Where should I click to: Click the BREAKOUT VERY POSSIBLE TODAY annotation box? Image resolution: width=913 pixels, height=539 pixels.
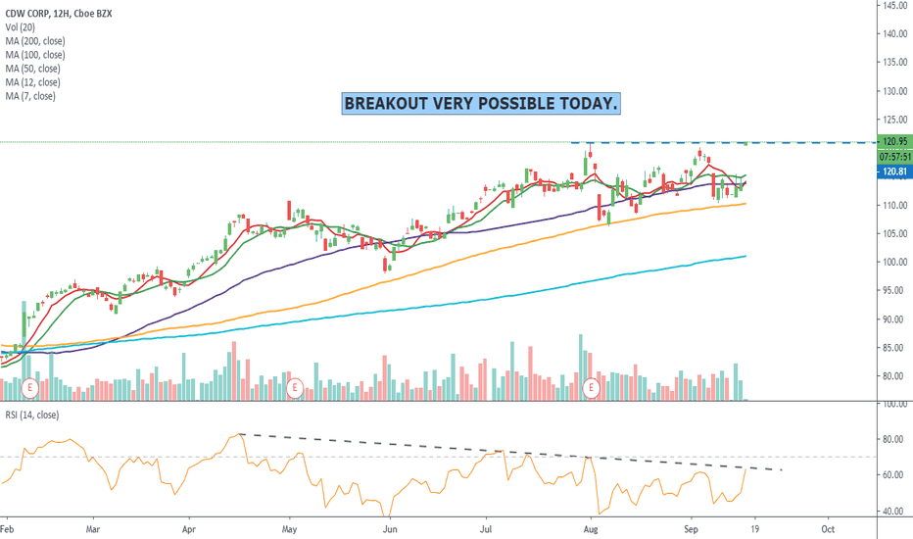pos(480,104)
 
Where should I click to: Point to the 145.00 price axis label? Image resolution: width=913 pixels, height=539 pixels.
pos(892,5)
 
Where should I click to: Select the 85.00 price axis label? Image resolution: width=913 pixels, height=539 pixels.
pos(892,348)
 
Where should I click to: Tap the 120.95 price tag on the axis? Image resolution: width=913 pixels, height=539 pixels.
pos(892,142)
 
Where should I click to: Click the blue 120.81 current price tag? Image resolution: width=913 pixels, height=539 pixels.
pos(892,171)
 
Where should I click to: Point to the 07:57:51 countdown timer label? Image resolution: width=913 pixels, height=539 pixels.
pos(892,157)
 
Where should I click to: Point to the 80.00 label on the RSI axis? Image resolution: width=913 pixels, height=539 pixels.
pos(892,439)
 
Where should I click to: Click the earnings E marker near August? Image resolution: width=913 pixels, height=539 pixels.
pos(591,388)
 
